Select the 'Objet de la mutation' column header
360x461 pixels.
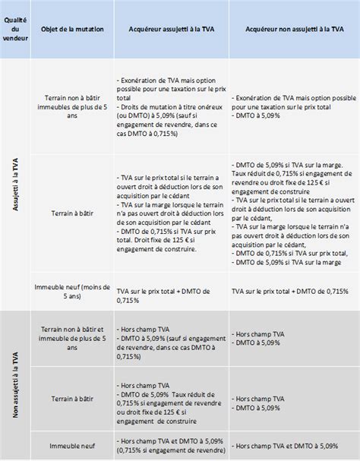71,30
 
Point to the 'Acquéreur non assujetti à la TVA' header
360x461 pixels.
292,30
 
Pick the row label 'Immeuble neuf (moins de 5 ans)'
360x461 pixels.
71,291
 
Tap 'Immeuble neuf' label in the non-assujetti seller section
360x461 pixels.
71,445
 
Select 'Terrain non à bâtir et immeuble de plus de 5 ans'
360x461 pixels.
71,335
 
